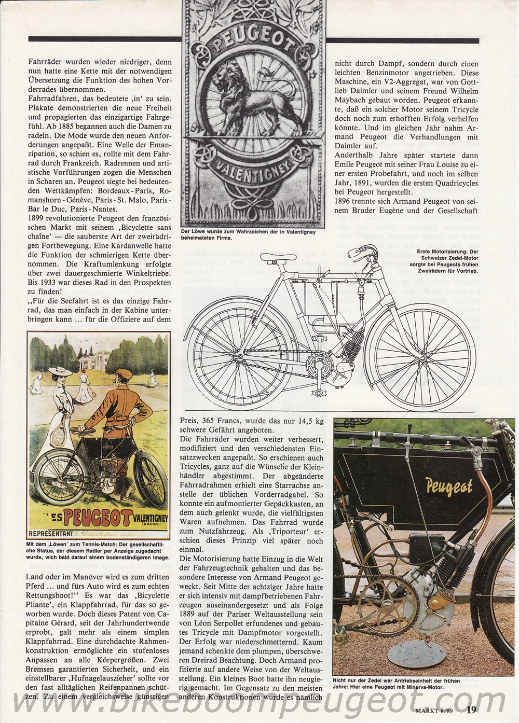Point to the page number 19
[471, 708]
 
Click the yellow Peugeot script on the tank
[449, 486]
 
